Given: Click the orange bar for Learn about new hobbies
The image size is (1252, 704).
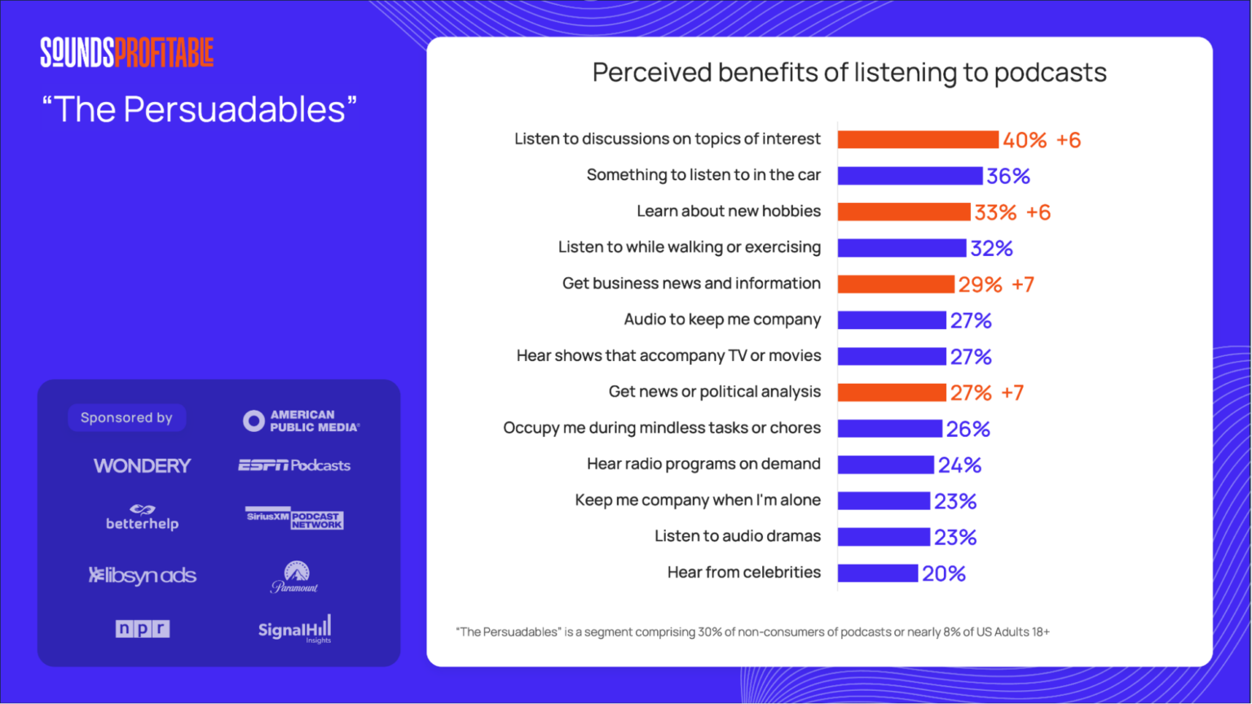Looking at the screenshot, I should point(903,212).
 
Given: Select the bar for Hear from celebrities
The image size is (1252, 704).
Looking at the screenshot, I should point(877,573).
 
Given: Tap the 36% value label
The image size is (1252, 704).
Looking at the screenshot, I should point(1008,176).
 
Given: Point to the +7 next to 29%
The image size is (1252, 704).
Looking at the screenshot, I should point(1023,284).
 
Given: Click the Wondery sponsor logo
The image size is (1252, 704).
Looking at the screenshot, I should point(142,466).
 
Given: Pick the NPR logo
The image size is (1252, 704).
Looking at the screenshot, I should point(143,629).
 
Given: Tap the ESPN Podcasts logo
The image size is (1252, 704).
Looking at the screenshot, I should point(294,465).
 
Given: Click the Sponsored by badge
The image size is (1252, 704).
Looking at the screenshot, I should point(126,418).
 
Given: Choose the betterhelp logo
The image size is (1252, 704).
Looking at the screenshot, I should point(142,517).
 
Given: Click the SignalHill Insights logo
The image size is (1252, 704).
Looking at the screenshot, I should point(295,629).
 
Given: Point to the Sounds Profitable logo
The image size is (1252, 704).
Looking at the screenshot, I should point(127,52).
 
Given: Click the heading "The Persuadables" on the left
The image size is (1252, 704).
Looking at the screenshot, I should point(200,110).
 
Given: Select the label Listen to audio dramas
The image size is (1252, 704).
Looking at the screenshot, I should point(737,536).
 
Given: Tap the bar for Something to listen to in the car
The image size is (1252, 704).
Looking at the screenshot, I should point(910,176).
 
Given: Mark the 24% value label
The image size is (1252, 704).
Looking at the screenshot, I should point(959,465).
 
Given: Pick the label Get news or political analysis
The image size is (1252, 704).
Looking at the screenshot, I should point(714,392).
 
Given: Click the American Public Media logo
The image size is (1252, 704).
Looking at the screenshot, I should point(301,420).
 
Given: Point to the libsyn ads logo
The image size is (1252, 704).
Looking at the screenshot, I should point(143,575).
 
